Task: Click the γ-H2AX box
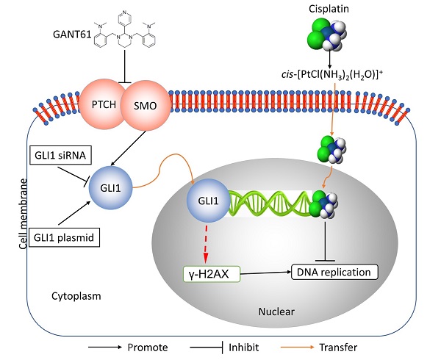208,274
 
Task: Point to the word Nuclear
277,312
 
